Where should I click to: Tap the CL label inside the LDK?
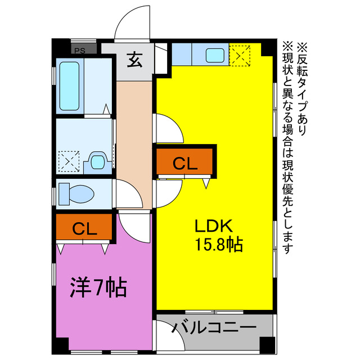(x=184, y=163)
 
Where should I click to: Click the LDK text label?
(x=214, y=226)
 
